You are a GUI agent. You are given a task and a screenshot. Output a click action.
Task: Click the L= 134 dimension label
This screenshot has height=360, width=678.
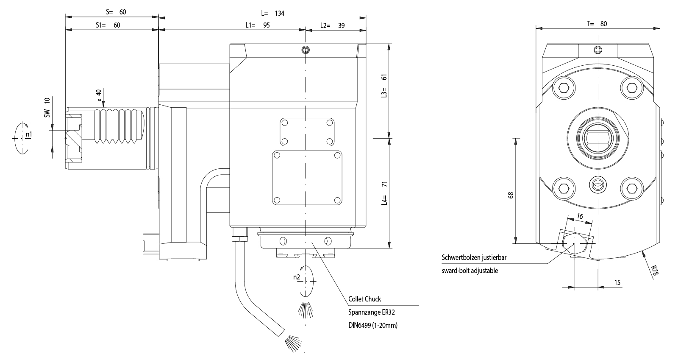coord(273,13)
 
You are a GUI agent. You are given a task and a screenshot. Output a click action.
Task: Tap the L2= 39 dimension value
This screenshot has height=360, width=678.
coord(332,25)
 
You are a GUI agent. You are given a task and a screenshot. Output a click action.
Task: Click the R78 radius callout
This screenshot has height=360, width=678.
coord(654,271)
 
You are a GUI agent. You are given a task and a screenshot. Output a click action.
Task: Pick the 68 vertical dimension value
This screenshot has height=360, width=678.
coord(511,195)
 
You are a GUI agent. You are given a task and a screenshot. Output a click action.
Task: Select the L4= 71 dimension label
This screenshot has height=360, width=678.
coord(384,193)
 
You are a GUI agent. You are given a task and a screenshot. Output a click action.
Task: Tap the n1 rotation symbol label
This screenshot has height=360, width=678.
coord(28,134)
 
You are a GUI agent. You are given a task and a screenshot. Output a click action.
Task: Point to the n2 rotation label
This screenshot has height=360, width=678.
coord(296,277)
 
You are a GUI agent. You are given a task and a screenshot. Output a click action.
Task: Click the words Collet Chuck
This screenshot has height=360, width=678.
coord(364,299)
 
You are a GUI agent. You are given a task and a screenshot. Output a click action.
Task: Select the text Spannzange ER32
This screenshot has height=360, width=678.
coord(368,313)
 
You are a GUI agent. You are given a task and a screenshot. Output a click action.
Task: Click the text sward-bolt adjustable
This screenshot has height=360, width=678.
coord(470,271)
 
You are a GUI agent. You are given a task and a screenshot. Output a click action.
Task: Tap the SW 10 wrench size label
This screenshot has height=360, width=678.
coord(47,107)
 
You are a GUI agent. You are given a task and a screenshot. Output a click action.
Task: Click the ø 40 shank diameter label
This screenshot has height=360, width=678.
coord(98,95)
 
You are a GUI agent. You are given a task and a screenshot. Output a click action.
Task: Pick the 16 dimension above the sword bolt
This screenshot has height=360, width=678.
coord(580,216)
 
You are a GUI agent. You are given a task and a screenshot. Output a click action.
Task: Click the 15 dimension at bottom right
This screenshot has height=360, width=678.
coord(617,282)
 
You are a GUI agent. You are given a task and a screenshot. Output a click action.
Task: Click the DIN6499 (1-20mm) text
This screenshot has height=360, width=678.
coord(373,326)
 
